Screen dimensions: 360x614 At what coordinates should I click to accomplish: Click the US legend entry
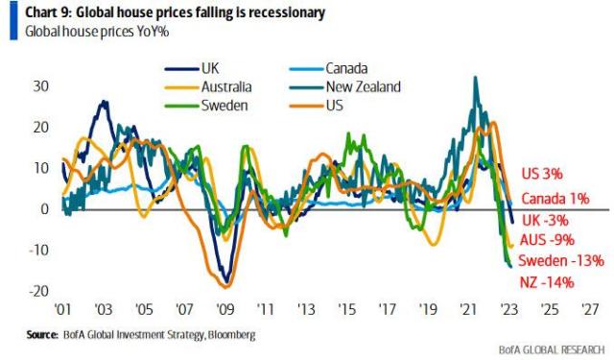(336, 105)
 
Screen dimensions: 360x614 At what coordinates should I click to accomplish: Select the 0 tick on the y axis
(43, 209)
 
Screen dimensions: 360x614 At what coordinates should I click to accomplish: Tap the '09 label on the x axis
(225, 311)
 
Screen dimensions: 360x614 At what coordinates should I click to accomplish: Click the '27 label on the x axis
(589, 311)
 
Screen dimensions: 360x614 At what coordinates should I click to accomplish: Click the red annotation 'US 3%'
(542, 174)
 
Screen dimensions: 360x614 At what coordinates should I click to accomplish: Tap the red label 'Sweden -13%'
(560, 261)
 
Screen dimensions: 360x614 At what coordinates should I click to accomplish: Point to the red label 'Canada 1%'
(554, 199)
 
